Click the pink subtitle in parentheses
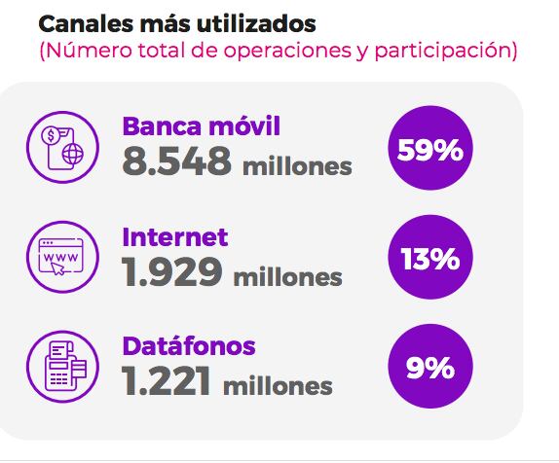[278, 50]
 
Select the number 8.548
[176, 161]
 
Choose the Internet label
[175, 236]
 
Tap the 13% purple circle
[429, 259]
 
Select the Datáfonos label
[189, 345]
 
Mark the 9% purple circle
[429, 368]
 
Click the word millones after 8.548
[296, 166]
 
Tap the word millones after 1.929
[287, 277]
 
